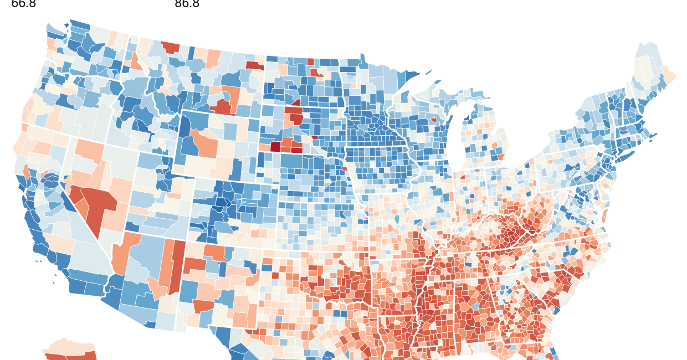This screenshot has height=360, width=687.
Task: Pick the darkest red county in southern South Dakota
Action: tap(275, 147)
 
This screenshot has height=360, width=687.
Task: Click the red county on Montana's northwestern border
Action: tap(171, 47)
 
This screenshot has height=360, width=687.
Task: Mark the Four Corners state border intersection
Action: tap(186, 240)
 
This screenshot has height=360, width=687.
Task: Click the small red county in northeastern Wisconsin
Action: tap(434, 119)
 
